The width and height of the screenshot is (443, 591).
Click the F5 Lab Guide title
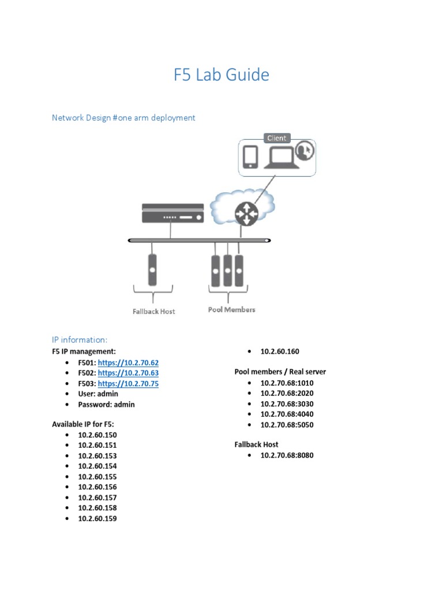click(221, 75)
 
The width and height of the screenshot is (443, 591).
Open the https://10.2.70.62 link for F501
click(128, 362)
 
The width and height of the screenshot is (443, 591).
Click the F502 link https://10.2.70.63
click(128, 373)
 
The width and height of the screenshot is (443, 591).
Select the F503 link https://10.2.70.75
click(128, 383)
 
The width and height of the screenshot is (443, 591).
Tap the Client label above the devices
click(277, 139)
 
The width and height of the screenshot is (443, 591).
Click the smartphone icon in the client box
click(250, 156)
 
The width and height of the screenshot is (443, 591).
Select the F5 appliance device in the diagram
click(172, 214)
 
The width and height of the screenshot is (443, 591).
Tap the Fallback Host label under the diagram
click(154, 312)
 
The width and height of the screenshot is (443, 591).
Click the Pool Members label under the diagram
click(231, 310)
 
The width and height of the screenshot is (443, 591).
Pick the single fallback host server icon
click(153, 270)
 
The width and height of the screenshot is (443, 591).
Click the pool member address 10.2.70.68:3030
click(287, 404)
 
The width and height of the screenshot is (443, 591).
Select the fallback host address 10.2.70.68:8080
click(287, 455)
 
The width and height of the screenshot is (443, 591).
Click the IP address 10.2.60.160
click(280, 351)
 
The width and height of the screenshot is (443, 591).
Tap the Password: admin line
click(106, 405)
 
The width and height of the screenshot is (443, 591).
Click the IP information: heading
click(80, 339)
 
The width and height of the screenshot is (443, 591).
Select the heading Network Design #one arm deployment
click(123, 118)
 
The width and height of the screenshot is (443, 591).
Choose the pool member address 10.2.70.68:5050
click(287, 425)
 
